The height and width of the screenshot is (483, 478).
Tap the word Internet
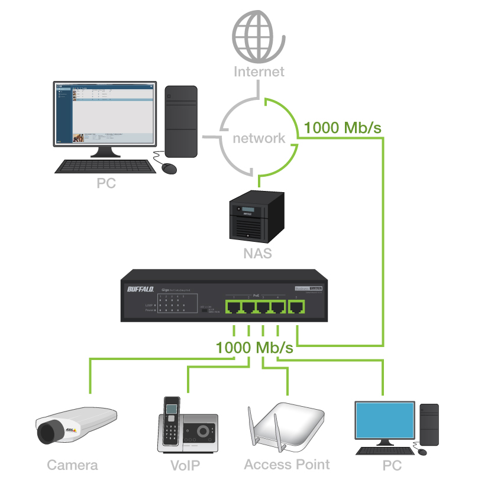[x=259, y=72]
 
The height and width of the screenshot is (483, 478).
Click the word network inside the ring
[x=259, y=138]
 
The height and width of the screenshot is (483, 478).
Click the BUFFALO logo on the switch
[x=140, y=289]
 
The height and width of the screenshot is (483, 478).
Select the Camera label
[x=72, y=465]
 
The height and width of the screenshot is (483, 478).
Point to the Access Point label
[x=287, y=465]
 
